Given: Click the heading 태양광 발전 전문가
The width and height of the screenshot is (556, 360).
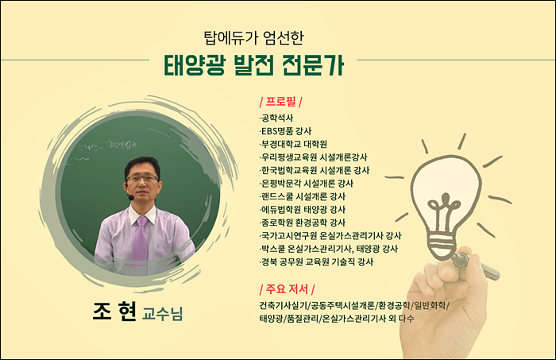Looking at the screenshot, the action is [253, 65].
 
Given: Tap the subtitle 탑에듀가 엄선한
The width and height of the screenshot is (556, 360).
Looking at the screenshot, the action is [253, 37].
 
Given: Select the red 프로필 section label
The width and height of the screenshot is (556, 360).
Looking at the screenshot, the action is [281, 102].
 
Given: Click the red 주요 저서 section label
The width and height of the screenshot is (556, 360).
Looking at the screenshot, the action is [287, 289].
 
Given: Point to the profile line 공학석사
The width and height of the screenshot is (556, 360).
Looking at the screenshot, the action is [276, 118].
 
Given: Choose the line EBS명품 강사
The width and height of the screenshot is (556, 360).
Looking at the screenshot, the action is [285, 131].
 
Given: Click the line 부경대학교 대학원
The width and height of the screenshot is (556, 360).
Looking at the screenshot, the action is [293, 144].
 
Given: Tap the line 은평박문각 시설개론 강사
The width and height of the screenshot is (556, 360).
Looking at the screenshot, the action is [307, 184].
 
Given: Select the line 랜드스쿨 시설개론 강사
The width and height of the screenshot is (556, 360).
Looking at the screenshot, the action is [303, 196].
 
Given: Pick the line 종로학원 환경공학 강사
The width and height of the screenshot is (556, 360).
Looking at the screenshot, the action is [303, 223].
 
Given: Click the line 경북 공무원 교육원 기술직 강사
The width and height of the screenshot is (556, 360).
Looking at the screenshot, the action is [316, 262].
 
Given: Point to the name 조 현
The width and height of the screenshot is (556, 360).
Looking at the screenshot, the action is [114, 312].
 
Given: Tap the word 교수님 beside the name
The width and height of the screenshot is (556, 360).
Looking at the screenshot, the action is [162, 314].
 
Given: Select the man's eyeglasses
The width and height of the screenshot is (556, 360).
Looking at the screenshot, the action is [142, 178].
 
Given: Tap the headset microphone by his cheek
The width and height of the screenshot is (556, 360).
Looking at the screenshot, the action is [130, 196].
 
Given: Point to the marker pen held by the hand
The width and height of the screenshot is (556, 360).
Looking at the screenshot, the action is [476, 264].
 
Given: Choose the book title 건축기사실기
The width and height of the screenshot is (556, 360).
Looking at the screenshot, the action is [284, 305].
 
